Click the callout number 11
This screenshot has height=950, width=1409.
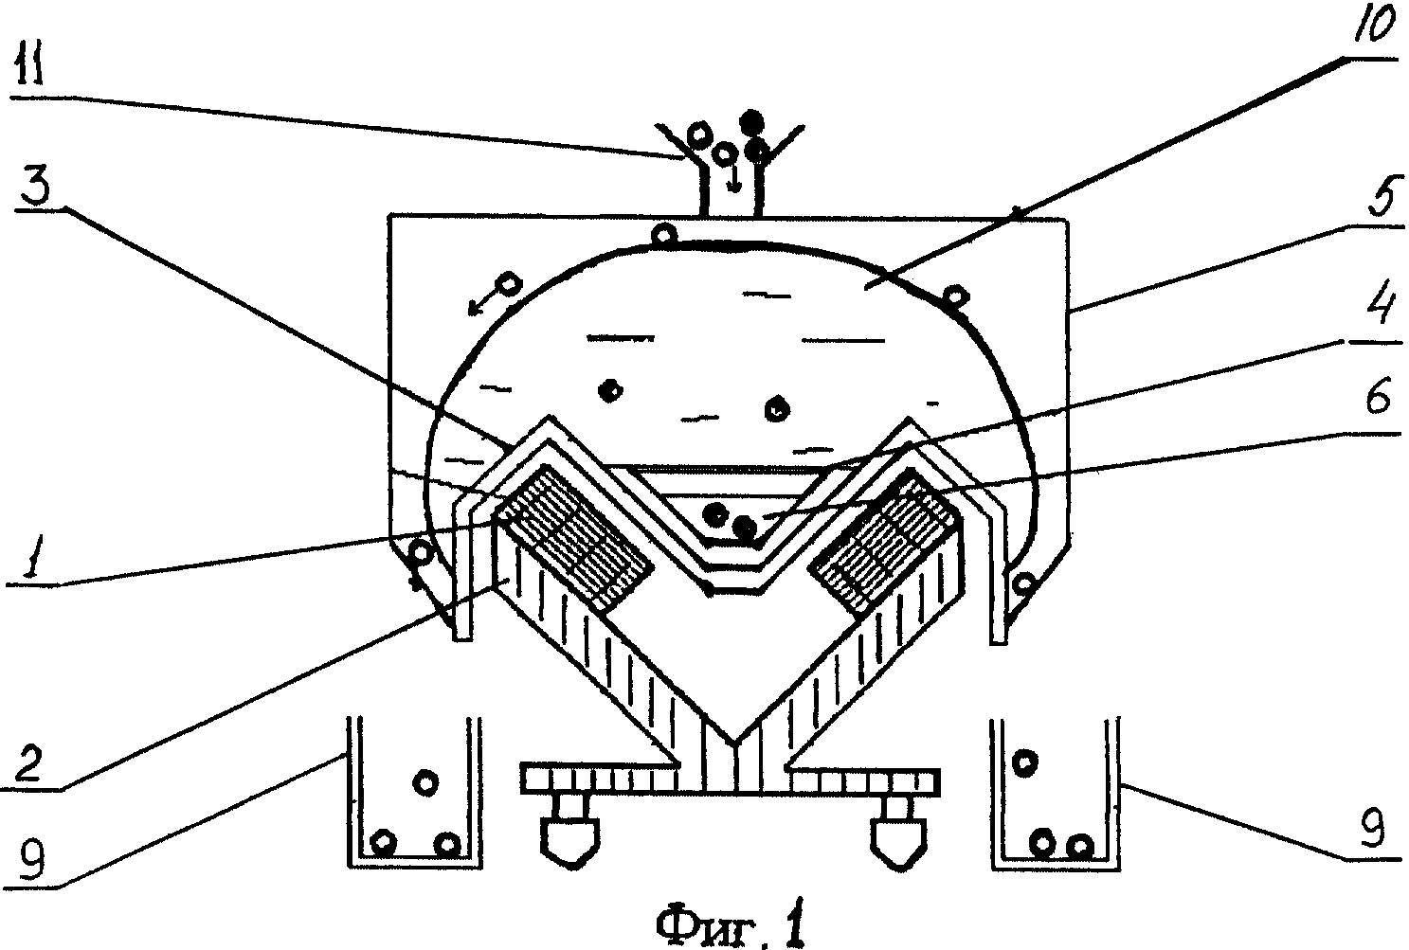click(x=29, y=63)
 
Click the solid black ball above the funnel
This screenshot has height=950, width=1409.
click(x=751, y=120)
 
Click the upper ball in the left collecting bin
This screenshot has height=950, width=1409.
click(x=425, y=782)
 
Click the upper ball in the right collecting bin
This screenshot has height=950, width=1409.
click(x=1024, y=762)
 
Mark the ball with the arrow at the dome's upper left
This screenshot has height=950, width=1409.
click(x=509, y=284)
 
